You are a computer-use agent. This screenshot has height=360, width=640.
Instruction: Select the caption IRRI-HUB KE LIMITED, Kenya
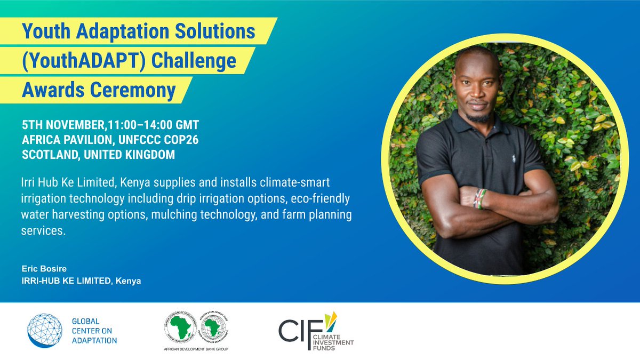coord(81,281)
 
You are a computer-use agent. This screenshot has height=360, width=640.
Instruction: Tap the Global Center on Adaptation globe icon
coord(45,331)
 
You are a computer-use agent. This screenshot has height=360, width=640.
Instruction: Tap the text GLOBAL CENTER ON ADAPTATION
coord(94,331)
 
